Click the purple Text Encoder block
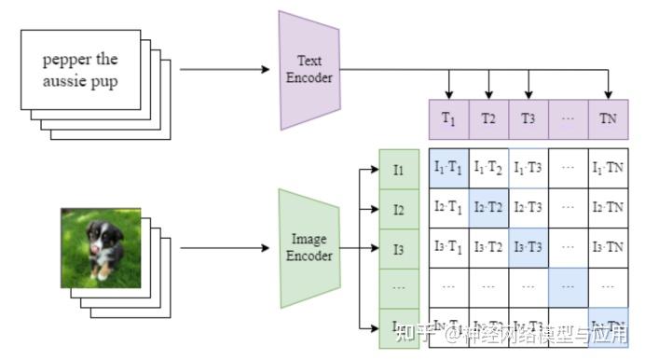click(x=308, y=70)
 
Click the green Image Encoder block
click(x=307, y=248)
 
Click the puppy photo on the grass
click(x=101, y=245)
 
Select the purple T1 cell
click(x=448, y=118)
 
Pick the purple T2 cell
click(x=488, y=118)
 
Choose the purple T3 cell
click(x=528, y=118)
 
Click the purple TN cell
click(x=609, y=118)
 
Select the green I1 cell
click(x=399, y=169)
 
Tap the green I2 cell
click(x=399, y=209)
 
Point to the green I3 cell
click(x=399, y=249)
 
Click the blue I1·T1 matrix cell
click(x=448, y=168)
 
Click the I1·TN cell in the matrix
click(x=609, y=168)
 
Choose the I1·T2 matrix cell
click(x=488, y=168)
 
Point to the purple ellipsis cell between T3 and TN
click(x=569, y=118)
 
